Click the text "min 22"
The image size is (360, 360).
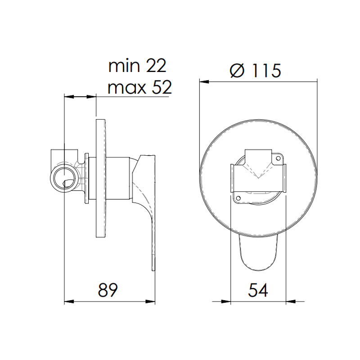pyautogui.click(x=137, y=66)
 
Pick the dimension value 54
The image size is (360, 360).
pyautogui.click(x=258, y=290)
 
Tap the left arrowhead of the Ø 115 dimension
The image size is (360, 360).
pyautogui.click(x=204, y=82)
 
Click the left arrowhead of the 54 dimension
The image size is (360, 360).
pyautogui.click(x=225, y=301)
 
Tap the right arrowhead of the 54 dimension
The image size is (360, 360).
pyautogui.click(x=291, y=301)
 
